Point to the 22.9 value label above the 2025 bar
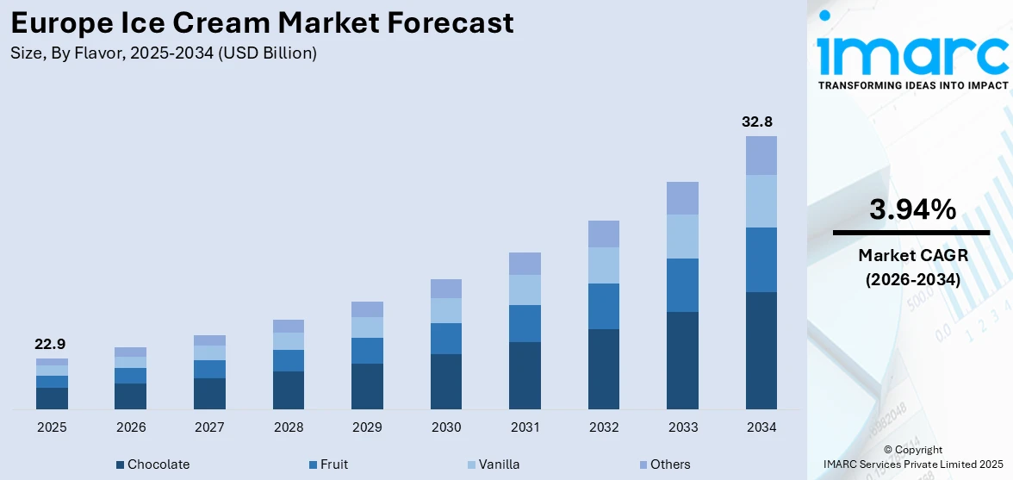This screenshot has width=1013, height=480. pos(51,344)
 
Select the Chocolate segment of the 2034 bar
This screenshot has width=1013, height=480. pos(761,350)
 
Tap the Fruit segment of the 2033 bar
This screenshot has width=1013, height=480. pos(682,284)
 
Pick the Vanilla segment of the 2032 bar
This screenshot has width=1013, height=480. pos(604,265)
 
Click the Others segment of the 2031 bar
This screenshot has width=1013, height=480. pos(525,264)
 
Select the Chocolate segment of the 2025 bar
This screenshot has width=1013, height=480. pos(52,398)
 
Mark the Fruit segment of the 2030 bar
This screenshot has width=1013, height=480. pos(446,339)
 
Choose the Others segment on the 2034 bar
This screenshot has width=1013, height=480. pos(761,155)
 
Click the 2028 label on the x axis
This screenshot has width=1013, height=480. pos(289,427)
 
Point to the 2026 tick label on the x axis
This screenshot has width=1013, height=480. pos(131,427)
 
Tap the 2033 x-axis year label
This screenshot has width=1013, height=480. pos(682,427)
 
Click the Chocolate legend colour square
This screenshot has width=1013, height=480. pos(120,465)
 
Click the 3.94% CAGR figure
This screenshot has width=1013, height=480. pos(911,209)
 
